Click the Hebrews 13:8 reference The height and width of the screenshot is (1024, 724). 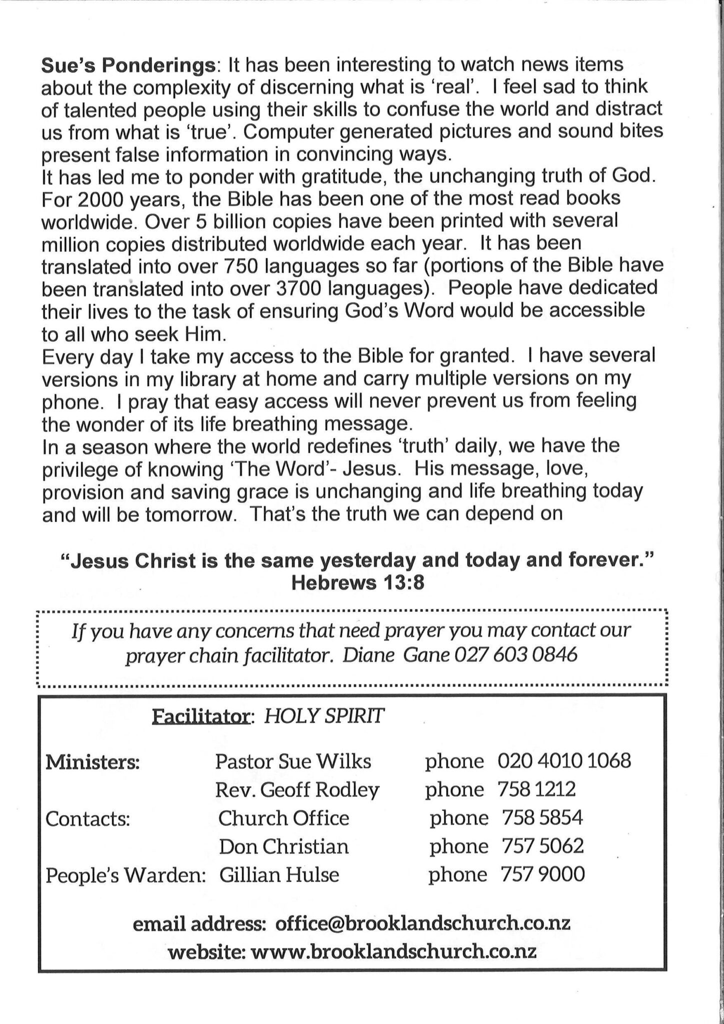(358, 583)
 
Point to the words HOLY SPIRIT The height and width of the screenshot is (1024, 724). (324, 716)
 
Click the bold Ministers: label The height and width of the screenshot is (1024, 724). (92, 762)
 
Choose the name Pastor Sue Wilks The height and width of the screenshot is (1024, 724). (293, 761)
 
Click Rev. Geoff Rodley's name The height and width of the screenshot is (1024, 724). (297, 790)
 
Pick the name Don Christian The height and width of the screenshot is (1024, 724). (284, 846)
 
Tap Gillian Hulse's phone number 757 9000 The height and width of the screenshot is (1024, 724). (542, 874)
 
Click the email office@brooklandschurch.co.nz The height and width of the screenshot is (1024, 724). (423, 923)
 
